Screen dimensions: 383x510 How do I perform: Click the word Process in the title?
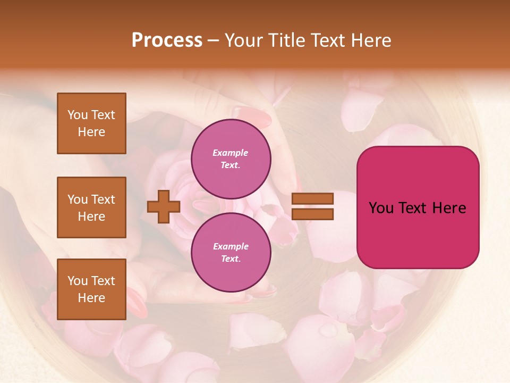pyautogui.click(x=167, y=40)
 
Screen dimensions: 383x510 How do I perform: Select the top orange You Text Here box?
pyautogui.click(x=91, y=123)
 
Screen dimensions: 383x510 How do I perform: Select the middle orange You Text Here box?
pyautogui.click(x=91, y=207)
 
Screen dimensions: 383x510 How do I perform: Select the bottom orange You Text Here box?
pyautogui.click(x=91, y=289)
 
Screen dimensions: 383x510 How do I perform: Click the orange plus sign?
pyautogui.click(x=164, y=207)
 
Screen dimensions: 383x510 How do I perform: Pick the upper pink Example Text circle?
pyautogui.click(x=231, y=159)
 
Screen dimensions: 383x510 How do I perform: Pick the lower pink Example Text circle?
pyautogui.click(x=231, y=252)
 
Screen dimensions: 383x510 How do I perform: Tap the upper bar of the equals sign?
pyautogui.click(x=312, y=199)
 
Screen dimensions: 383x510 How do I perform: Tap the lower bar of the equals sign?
pyautogui.click(x=312, y=214)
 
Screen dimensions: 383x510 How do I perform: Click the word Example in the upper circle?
pyautogui.click(x=230, y=153)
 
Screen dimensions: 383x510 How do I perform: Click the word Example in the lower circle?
pyautogui.click(x=231, y=246)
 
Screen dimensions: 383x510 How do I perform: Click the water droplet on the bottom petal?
pyautogui.click(x=328, y=331)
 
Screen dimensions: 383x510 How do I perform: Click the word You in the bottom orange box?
pyautogui.click(x=78, y=281)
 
